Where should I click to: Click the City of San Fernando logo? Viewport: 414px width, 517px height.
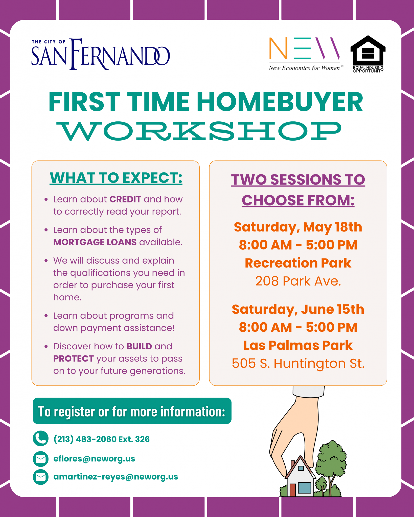coord(101,54)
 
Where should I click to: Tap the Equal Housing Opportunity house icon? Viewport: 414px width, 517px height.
coord(368,50)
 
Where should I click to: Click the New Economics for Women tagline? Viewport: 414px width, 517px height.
coord(304,68)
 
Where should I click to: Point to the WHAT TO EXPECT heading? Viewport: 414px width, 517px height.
coord(116,178)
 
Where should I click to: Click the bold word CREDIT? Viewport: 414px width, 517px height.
coord(125,199)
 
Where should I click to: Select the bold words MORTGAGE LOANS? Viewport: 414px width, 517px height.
coord(95,242)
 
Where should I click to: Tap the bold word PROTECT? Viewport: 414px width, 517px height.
coord(74,358)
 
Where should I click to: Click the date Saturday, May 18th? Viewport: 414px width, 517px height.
coord(298,227)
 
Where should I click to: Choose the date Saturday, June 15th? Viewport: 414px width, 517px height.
coord(298,309)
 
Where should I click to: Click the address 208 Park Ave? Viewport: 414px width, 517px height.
coord(298,281)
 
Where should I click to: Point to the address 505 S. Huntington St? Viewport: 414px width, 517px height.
coord(298,364)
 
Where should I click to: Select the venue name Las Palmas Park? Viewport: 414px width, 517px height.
coord(298,345)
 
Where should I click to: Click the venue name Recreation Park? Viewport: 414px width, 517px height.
coord(298,263)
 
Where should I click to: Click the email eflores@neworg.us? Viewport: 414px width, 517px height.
coord(94,458)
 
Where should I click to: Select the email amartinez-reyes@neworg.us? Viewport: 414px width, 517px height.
coord(116,477)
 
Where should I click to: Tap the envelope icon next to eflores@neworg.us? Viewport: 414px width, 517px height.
coord(40,459)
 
